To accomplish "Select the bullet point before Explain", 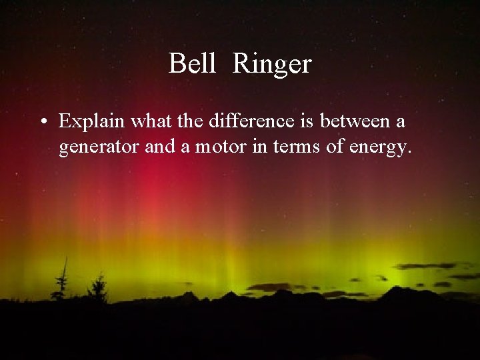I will (43, 123).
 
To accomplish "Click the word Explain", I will (89, 123).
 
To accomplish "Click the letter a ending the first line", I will (403, 123).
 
